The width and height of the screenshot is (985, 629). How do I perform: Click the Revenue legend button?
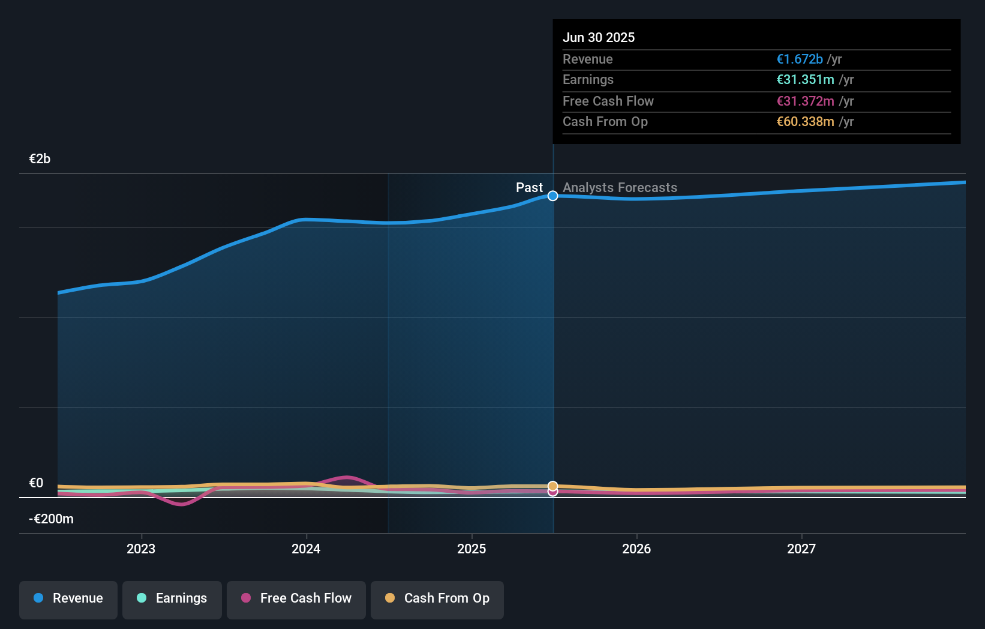[68, 599]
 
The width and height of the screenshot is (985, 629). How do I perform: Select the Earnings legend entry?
[172, 599]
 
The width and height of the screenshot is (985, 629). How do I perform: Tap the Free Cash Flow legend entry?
[296, 599]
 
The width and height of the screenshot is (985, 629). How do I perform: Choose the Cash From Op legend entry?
[437, 599]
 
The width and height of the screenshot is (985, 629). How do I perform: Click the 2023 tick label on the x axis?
[141, 549]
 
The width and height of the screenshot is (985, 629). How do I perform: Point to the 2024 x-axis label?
[306, 549]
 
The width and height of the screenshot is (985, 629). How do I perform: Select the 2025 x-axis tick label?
[472, 549]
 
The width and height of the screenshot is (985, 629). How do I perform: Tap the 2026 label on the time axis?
[636, 549]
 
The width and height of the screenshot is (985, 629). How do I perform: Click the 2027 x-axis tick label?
[801, 549]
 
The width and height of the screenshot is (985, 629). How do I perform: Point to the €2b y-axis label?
[40, 158]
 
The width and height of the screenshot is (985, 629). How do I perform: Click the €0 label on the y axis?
[36, 483]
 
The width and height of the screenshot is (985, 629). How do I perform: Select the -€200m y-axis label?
[51, 519]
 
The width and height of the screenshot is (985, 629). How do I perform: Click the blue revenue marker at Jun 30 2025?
[552, 196]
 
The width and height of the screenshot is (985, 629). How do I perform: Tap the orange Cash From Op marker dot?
[552, 486]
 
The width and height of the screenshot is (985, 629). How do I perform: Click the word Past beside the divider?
[529, 187]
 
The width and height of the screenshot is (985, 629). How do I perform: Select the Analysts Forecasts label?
[620, 187]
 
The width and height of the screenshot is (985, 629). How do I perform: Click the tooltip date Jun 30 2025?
[598, 37]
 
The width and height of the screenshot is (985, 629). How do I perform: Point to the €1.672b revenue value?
[799, 59]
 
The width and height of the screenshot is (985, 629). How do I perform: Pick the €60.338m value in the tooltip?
[805, 121]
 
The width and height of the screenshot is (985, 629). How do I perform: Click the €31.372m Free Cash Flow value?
[805, 101]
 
